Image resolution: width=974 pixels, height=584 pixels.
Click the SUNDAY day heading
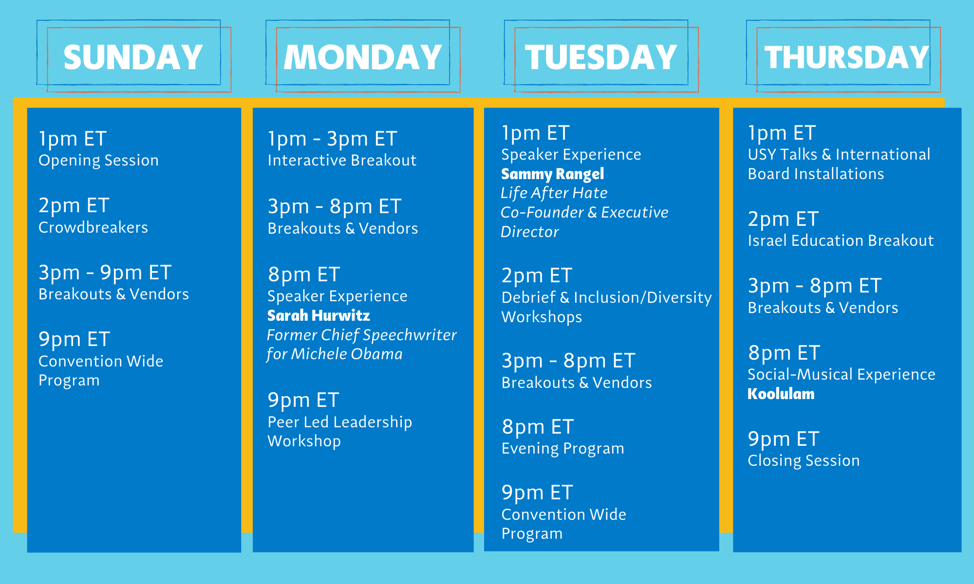tap(133, 57)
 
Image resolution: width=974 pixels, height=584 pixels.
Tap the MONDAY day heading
tap(363, 57)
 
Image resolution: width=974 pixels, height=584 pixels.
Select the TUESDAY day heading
tap(601, 57)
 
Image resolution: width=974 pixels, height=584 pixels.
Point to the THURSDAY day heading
tap(847, 57)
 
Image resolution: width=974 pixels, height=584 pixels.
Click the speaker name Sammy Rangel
tap(552, 174)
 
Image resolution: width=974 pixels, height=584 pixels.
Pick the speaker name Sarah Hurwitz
tap(318, 315)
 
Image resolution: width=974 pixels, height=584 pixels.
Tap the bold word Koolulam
tap(781, 394)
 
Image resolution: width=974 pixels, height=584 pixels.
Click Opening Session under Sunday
tap(98, 161)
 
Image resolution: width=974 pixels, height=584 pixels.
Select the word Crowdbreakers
tap(93, 227)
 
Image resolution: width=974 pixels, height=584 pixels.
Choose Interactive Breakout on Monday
tap(342, 160)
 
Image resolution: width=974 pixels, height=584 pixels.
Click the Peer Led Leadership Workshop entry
tap(339, 431)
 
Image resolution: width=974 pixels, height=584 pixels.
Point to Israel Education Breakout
tap(841, 240)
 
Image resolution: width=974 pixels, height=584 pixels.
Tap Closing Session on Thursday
tap(804, 460)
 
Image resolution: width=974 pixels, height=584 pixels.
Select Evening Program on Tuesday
tap(562, 449)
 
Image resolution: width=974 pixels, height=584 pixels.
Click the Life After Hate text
tap(554, 193)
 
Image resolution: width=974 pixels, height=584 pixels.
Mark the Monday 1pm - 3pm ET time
tap(332, 139)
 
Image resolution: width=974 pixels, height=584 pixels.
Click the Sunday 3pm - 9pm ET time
tap(105, 273)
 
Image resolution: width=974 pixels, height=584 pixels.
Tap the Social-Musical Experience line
tap(841, 374)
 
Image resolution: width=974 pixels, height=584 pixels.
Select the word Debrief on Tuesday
tap(528, 297)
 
